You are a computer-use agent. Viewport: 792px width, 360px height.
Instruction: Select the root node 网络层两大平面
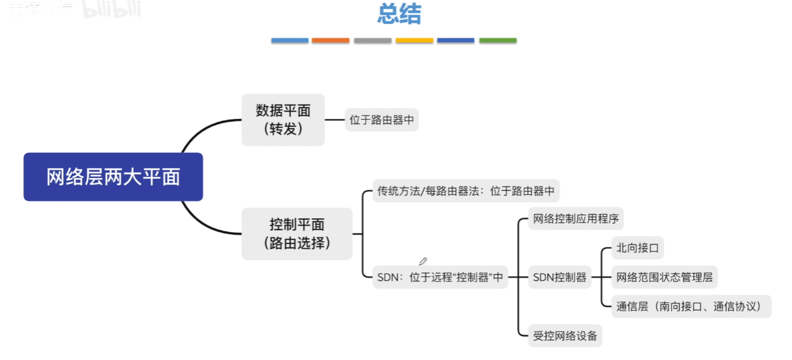(113, 177)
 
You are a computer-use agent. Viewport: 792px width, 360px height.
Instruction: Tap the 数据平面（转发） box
(283, 120)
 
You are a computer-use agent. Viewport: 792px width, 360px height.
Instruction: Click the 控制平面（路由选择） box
(297, 234)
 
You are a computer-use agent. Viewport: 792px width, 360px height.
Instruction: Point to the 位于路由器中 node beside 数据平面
(381, 120)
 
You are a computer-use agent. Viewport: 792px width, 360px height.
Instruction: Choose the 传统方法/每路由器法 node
(466, 191)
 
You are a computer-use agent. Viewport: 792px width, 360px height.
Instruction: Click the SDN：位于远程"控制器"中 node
(440, 277)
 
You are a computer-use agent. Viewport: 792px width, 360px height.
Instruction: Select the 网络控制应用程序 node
(576, 218)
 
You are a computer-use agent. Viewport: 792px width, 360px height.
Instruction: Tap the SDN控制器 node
(559, 277)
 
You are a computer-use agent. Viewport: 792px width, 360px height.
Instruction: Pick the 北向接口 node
(637, 248)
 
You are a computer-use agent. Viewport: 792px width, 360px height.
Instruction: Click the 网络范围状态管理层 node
(664, 277)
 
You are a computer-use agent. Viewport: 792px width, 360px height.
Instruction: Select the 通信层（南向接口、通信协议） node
(691, 306)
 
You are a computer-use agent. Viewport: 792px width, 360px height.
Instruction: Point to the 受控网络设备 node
(565, 336)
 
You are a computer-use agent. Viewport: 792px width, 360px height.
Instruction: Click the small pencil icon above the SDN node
(423, 261)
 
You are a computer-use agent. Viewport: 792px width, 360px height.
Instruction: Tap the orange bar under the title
(330, 40)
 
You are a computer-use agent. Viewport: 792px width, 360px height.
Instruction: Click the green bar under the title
(498, 40)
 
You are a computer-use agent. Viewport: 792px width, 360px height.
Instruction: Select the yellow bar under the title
(414, 40)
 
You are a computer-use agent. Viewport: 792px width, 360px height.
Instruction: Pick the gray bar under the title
(372, 40)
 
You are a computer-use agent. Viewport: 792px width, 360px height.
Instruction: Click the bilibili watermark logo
(112, 8)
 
